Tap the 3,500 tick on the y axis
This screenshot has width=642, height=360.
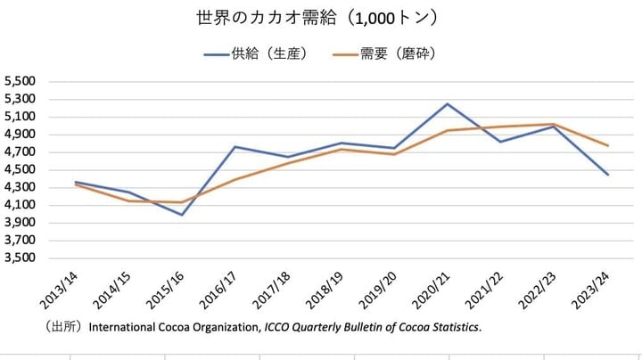[20, 258]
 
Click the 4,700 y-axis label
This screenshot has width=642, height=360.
[20, 151]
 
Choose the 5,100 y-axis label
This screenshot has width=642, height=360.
[20, 117]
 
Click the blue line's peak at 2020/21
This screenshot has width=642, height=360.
[448, 103]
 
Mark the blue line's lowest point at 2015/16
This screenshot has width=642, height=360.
[183, 215]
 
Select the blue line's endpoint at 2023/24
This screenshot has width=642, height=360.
[608, 175]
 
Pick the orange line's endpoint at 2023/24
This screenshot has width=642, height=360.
[608, 145]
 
